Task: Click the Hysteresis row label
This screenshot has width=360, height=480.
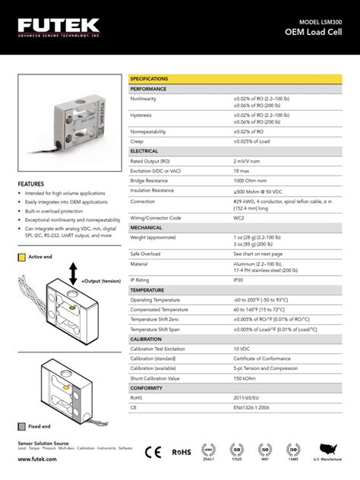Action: click(141, 115)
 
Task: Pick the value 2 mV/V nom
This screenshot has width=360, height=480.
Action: click(250, 162)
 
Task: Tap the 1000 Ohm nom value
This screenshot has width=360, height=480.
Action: click(250, 181)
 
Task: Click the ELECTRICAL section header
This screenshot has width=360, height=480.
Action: click(144, 151)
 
